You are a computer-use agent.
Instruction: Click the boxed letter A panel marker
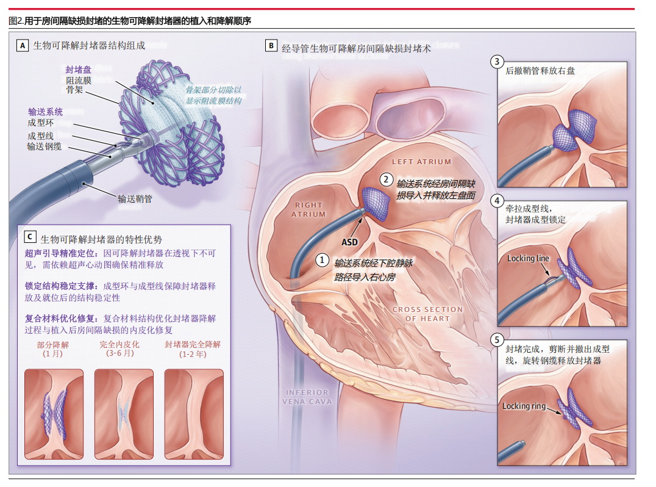pyautogui.click(x=23, y=45)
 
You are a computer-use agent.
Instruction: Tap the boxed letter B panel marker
pyautogui.click(x=271, y=45)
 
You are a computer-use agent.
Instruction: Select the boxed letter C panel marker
pyautogui.click(x=30, y=236)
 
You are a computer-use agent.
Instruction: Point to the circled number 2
pyautogui.click(x=386, y=179)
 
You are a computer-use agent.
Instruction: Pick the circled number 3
pyautogui.click(x=498, y=62)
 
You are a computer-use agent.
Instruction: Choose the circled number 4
pyautogui.click(x=498, y=201)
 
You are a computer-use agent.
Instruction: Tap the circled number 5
pyautogui.click(x=498, y=340)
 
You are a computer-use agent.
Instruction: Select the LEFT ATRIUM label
pyautogui.click(x=421, y=162)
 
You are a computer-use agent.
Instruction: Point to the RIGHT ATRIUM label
pyautogui.click(x=309, y=209)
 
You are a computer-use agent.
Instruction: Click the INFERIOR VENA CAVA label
pyautogui.click(x=307, y=397)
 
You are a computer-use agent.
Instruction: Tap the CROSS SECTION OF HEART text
pyautogui.click(x=427, y=314)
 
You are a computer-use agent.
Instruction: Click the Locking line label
pyautogui.click(x=528, y=258)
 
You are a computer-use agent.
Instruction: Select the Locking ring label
pyautogui.click(x=524, y=406)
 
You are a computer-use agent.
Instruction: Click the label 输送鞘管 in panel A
pyautogui.click(x=135, y=198)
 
